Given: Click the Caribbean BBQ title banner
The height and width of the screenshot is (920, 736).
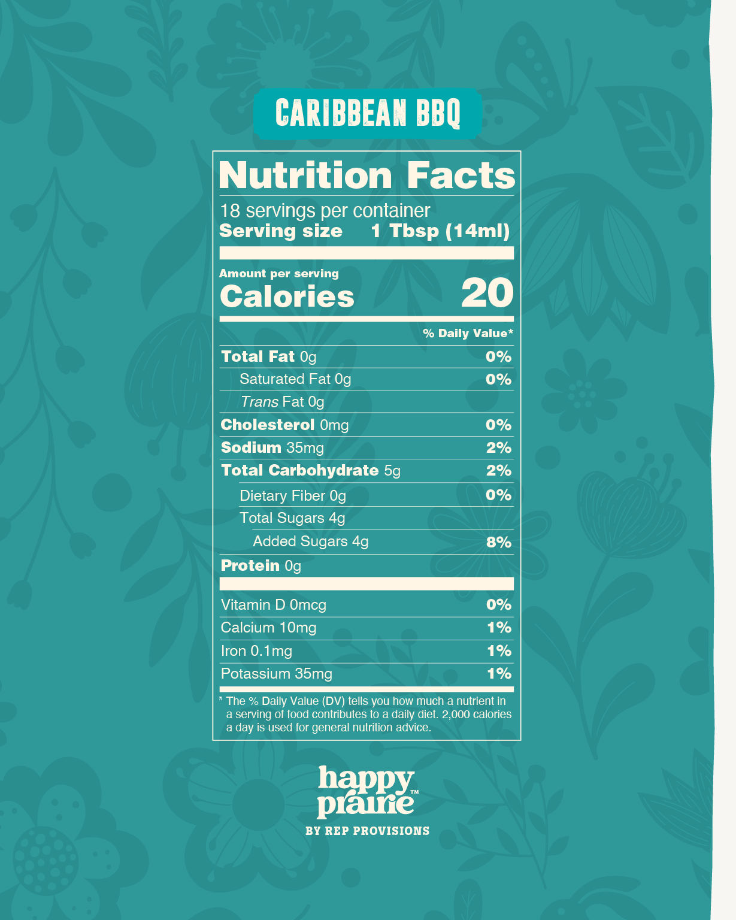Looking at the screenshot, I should pos(368,113).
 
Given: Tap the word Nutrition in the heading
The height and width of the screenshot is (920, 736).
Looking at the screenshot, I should pos(305,175).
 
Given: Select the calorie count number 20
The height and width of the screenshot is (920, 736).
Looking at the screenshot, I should pos(487,293).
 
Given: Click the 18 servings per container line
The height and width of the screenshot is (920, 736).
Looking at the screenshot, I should pos(325,211).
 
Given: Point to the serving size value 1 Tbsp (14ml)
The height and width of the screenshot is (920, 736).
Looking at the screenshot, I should pos(440,231).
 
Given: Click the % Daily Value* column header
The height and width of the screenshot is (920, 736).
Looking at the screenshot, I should pos(468,334).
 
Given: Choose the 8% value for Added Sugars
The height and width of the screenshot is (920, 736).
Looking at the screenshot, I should pos(498,543).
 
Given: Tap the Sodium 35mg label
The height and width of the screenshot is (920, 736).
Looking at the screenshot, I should pos(272,448).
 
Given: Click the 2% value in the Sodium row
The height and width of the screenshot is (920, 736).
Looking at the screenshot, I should pos(498,448).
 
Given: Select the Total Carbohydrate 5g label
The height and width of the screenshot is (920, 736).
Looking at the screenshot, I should pos(310,471).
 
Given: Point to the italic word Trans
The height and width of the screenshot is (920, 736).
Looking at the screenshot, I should pos(259,402).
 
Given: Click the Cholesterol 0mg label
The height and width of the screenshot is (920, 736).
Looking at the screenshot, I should pos(284,425).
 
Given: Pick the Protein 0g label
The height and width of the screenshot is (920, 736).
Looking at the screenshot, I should pos(261,566).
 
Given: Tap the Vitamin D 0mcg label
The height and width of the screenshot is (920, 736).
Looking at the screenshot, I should pos(273,605).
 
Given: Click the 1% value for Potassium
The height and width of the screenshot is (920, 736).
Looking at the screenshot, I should pos(498,674).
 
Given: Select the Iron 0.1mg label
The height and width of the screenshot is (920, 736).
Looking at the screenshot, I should pos(256,651).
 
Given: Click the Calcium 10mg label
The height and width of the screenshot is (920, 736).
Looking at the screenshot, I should pos(268,628).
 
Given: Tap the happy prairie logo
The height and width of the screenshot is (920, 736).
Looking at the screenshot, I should pos(366,792).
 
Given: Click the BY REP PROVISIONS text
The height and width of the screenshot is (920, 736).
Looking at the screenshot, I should pos(367,831).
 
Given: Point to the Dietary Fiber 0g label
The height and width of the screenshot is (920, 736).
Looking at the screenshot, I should pos(292,496).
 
